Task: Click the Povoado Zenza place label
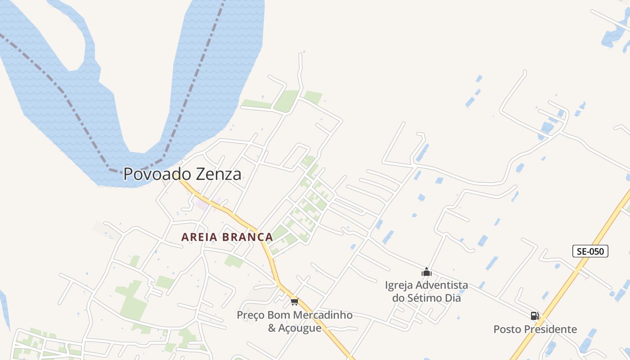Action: click(x=182, y=174)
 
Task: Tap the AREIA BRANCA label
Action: click(x=227, y=237)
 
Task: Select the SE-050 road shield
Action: click(x=590, y=251)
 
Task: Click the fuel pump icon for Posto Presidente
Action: click(x=535, y=316)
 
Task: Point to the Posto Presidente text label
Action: click(x=535, y=329)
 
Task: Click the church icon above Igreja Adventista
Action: click(x=426, y=272)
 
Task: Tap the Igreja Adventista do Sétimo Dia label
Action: click(x=426, y=291)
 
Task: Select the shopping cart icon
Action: click(x=294, y=301)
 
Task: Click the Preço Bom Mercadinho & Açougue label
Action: click(x=294, y=321)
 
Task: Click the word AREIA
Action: click(x=198, y=237)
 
